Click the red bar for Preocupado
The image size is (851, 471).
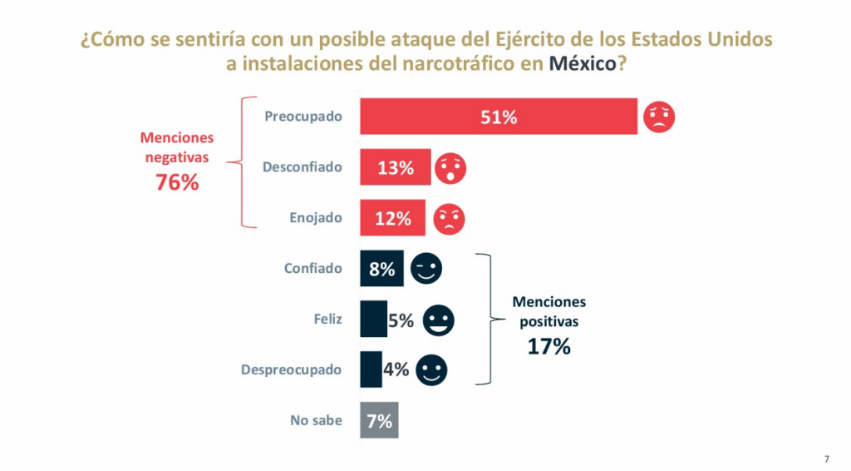[499, 117]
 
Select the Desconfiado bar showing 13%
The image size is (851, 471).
[395, 167]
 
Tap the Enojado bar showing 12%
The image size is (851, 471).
[392, 218]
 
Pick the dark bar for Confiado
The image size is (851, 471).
[381, 269]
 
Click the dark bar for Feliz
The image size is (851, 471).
[373, 320]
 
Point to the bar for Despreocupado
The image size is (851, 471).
[371, 369]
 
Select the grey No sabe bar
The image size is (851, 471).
[379, 420]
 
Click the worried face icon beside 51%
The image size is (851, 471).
[659, 117]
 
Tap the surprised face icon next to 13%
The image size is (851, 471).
[451, 168]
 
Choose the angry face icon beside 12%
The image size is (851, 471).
[450, 219]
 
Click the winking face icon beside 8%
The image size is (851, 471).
[426, 269]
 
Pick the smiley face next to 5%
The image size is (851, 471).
[438, 320]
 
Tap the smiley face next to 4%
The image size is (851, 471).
[431, 370]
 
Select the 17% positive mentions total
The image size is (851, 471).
[549, 346]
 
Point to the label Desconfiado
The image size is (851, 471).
[303, 167]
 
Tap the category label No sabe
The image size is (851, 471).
[316, 420]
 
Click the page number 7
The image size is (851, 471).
[827, 459]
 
